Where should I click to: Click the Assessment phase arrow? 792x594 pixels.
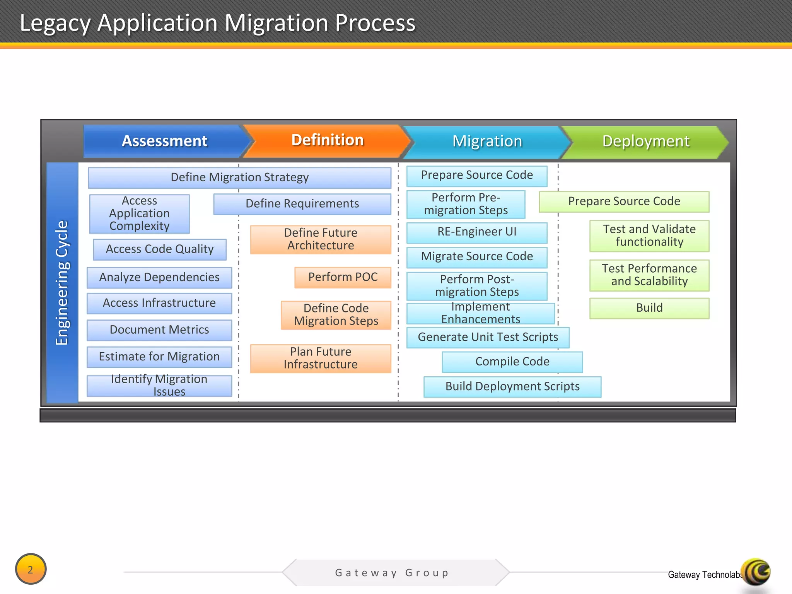[165, 141]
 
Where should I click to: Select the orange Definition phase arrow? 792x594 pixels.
[327, 140]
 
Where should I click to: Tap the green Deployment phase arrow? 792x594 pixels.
[646, 142]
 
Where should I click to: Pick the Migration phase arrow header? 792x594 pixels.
[487, 142]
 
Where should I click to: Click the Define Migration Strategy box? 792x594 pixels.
[239, 178]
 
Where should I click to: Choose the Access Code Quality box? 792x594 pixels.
[159, 249]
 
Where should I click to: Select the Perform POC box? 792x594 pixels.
[343, 277]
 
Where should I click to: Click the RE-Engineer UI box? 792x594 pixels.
[477, 232]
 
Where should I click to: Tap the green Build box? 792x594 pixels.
[649, 308]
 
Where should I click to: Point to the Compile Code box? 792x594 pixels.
[512, 362]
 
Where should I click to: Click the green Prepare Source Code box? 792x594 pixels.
[624, 201]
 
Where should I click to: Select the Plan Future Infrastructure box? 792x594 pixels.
[321, 358]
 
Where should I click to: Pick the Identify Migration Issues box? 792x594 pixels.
[159, 385]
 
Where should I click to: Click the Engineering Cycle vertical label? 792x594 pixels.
[62, 282]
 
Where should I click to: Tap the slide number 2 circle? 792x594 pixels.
[31, 569]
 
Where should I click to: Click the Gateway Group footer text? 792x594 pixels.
[392, 573]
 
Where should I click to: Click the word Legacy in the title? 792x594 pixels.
[54, 23]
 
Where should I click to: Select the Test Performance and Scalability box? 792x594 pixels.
[649, 275]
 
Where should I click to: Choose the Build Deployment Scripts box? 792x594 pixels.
[512, 386]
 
